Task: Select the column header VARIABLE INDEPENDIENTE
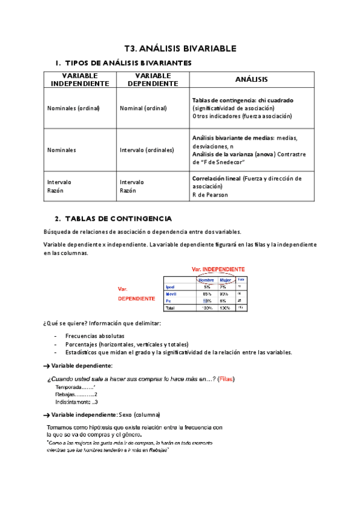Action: pos(81,79)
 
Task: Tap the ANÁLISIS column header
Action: pos(251,79)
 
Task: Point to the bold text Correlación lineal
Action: pos(216,179)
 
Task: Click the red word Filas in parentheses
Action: pos(226,379)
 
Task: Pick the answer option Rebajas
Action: pos(66,394)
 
